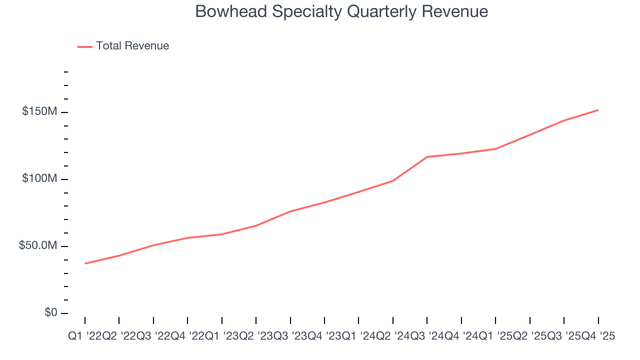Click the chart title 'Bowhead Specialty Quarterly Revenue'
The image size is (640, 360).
341,11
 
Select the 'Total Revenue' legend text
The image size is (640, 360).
132,46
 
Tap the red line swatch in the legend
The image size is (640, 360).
85,46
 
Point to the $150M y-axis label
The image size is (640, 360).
39,111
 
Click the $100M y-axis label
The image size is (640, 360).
39,179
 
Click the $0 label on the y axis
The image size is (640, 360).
50,312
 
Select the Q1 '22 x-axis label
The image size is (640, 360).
85,336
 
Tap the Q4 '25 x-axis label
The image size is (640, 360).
598,336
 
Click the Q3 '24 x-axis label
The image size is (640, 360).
427,336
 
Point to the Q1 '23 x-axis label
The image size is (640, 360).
222,336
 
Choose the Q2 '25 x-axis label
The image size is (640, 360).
529,336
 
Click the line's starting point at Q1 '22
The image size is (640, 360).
85,263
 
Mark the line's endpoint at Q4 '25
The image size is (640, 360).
598,110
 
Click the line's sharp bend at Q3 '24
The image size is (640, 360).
427,157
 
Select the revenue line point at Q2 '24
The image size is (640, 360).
393,180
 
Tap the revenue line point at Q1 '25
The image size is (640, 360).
495,149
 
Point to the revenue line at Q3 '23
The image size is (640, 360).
290,211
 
